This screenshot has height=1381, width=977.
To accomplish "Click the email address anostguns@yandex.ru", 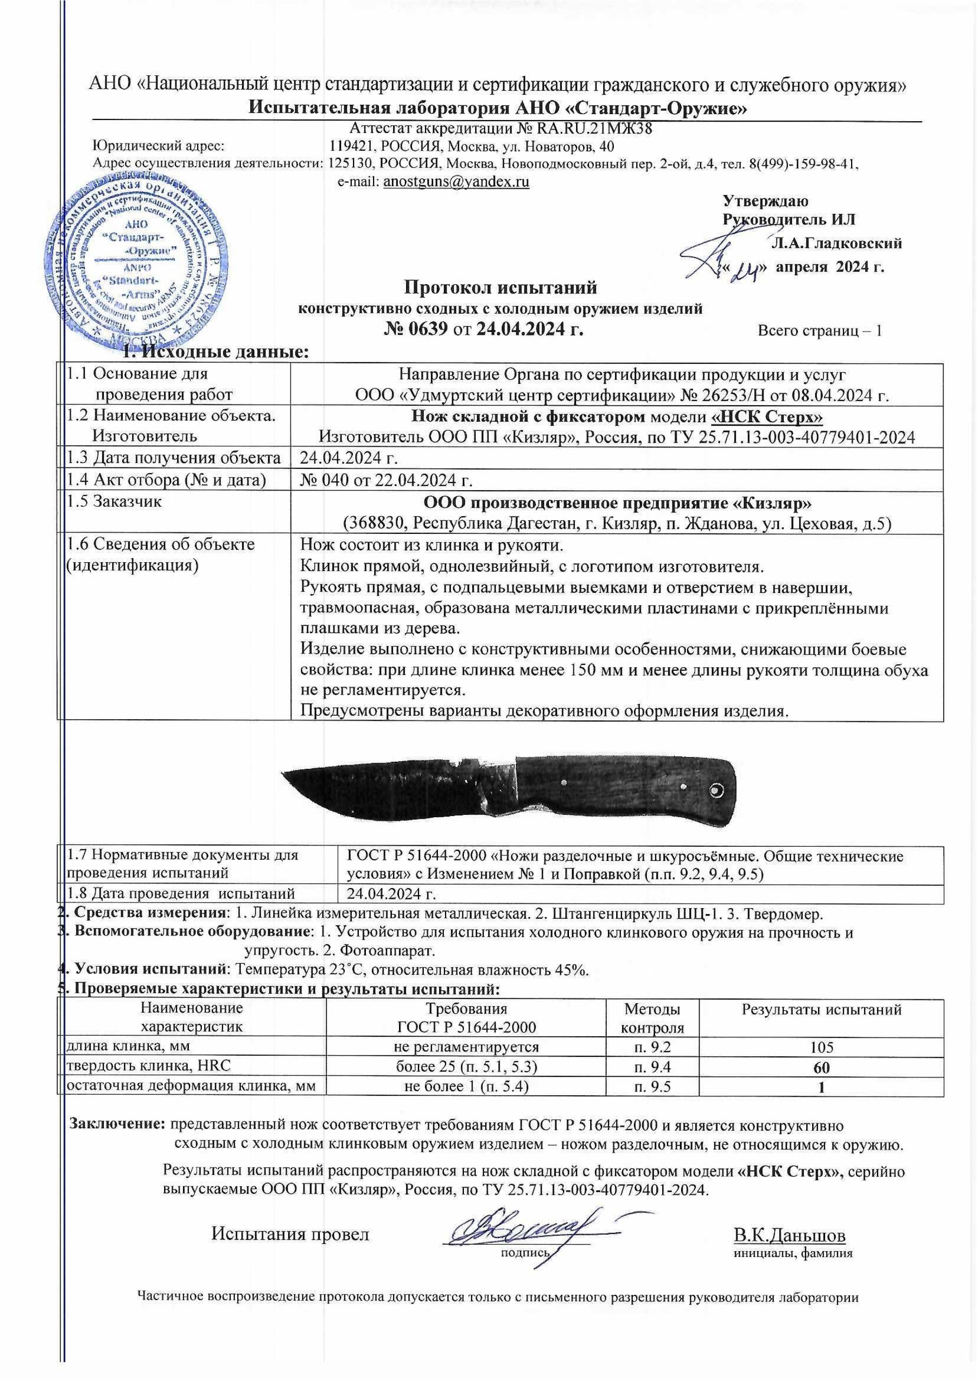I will coord(456,182).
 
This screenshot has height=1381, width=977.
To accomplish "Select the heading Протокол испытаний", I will coord(501,288).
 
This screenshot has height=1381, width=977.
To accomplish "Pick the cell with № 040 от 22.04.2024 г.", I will coord(385,479).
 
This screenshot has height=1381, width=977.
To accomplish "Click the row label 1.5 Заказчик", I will coord(113,501).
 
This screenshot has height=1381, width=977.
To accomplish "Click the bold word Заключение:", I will coord(118,1124).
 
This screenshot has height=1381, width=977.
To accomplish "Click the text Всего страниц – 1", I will coord(819,330).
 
